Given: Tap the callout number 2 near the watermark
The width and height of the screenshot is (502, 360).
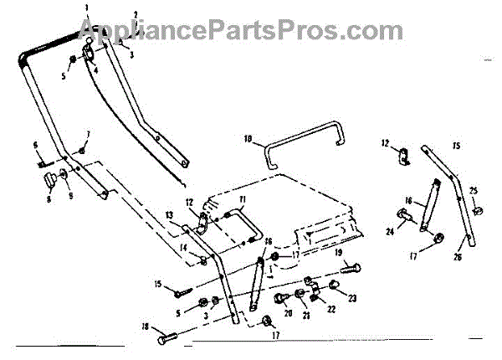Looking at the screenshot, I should coord(135,15).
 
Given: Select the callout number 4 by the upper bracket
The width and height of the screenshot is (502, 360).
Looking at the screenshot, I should coord(94,70).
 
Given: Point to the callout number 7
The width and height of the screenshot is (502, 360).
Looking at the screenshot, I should coord(88,134).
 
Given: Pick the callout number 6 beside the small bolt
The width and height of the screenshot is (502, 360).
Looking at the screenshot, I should coord(36,146).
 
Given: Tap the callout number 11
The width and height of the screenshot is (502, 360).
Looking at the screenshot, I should coord(241,199).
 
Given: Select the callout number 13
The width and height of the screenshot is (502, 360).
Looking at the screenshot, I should coord(170,215).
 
